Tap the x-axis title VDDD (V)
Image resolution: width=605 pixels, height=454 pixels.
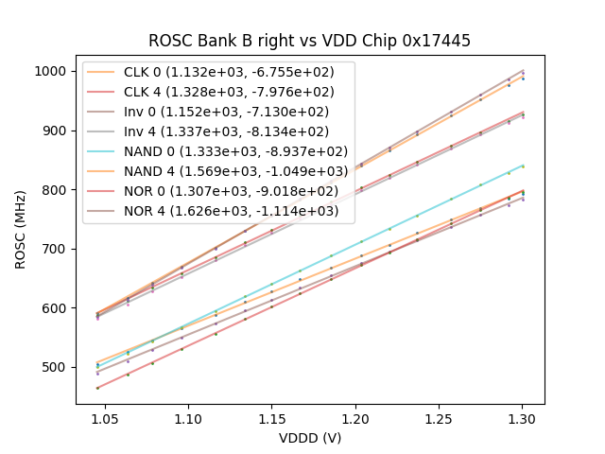click(310, 438)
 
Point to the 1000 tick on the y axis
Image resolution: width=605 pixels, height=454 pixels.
click(49, 71)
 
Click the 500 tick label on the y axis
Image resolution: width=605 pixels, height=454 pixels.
click(53, 367)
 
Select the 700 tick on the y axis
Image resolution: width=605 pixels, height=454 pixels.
click(53, 249)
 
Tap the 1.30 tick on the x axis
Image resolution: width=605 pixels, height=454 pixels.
click(522, 417)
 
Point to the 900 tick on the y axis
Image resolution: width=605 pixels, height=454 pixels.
click(53, 131)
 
